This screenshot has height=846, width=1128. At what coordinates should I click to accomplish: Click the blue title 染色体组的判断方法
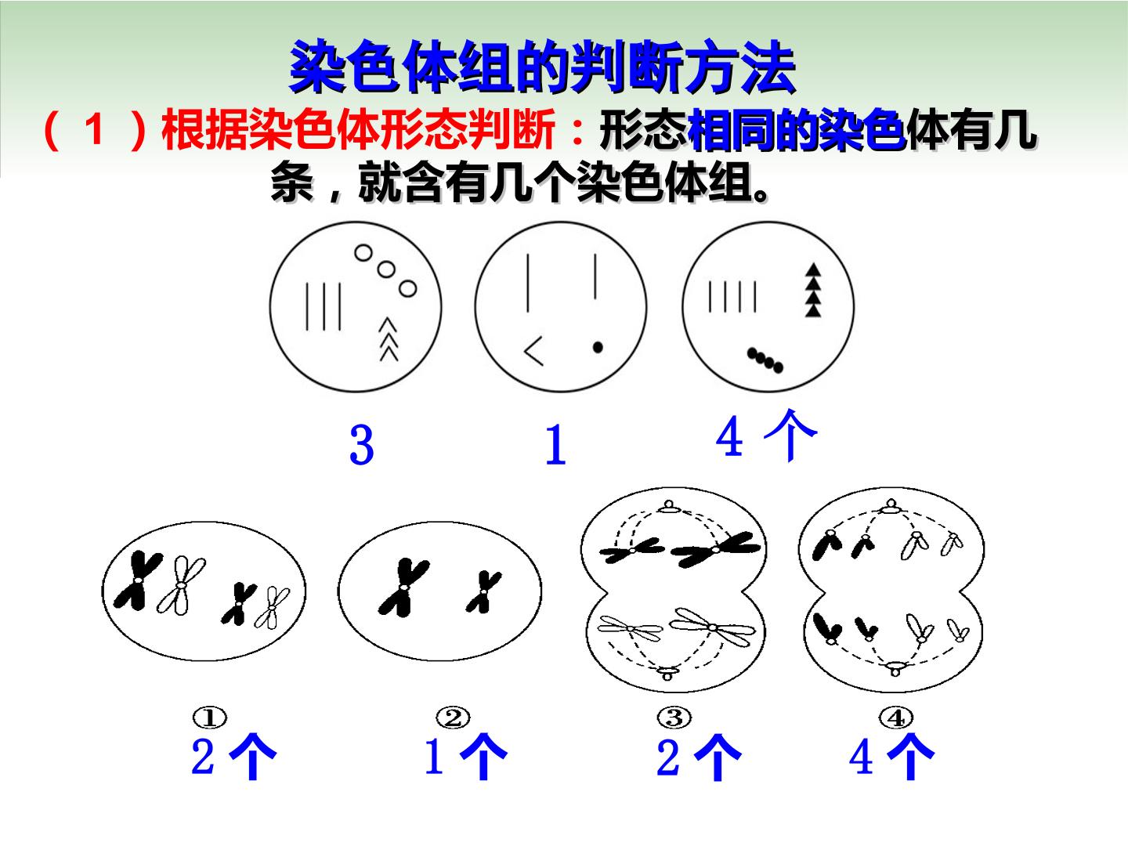[542, 67]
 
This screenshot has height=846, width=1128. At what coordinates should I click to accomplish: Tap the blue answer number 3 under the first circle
[362, 445]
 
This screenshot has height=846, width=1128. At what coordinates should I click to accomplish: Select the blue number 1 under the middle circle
[556, 445]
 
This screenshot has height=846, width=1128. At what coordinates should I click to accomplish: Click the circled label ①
[210, 718]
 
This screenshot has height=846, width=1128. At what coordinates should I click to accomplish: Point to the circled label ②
[453, 718]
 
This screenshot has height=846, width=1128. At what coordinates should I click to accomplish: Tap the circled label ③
[674, 718]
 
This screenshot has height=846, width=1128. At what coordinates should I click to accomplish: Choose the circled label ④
[895, 718]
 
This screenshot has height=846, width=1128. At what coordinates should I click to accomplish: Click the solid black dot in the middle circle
[598, 347]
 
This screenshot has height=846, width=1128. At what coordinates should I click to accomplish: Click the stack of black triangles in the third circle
[813, 290]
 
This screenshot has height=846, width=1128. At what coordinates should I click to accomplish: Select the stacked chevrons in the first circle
[389, 339]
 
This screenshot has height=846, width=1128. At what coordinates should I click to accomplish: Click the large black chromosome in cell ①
[138, 580]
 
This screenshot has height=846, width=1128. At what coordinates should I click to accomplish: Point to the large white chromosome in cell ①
[181, 585]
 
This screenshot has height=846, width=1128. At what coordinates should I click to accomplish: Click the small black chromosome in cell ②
[483, 592]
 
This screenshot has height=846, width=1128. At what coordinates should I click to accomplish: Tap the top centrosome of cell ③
[669, 507]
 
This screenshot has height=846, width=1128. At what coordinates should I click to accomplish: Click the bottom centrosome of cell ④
[895, 668]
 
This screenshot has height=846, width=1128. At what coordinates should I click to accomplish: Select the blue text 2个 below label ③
[699, 757]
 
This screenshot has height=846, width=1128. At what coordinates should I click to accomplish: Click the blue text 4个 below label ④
[891, 757]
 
